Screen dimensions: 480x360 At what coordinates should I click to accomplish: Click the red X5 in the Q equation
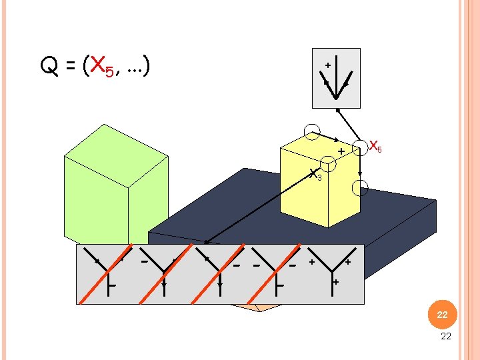(x=102, y=66)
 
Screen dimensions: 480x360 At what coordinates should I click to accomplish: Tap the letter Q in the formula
(x=49, y=65)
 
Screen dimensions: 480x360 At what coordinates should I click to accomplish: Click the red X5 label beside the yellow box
(x=375, y=146)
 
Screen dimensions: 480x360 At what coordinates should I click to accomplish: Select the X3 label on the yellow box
(x=315, y=175)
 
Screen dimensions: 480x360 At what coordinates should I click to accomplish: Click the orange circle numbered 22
(x=443, y=315)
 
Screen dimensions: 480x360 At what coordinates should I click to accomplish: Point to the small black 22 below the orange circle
(x=446, y=336)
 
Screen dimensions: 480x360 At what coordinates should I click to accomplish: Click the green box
(x=116, y=184)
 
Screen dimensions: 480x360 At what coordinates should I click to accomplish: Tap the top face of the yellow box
(x=320, y=149)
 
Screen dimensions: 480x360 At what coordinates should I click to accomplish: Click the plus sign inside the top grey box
(x=328, y=65)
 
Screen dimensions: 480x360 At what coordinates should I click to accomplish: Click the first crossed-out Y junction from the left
(x=108, y=271)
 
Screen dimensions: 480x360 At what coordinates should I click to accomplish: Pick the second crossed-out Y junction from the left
(x=164, y=271)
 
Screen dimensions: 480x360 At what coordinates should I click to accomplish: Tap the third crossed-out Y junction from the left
(x=220, y=271)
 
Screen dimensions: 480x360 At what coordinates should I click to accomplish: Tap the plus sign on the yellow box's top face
(x=341, y=151)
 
